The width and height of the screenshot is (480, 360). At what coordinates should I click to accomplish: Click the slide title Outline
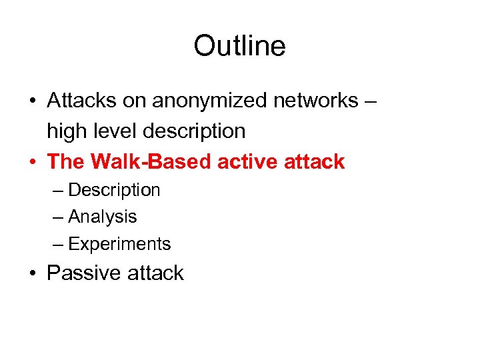239,46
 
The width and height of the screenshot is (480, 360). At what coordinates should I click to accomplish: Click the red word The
66,161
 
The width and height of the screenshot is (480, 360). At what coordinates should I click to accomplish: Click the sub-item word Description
114,190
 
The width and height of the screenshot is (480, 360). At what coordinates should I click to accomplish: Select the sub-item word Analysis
102,217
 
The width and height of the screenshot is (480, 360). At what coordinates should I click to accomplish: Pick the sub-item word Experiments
119,244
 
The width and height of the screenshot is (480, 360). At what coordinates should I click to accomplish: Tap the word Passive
80,273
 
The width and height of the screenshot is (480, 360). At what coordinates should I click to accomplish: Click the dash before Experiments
59,244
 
